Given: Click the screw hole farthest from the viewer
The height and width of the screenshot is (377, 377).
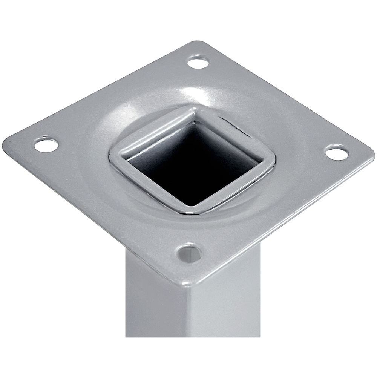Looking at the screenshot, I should click(198, 62).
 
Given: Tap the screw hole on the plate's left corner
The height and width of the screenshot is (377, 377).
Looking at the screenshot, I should click(46, 145).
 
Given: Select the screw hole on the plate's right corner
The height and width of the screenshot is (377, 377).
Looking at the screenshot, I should click(337, 153).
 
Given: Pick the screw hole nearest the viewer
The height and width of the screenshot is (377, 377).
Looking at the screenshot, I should click(189, 253).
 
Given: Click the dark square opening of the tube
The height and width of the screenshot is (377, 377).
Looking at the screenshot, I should click(196, 166).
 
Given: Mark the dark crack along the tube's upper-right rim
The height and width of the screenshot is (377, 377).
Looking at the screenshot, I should click(236, 126).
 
